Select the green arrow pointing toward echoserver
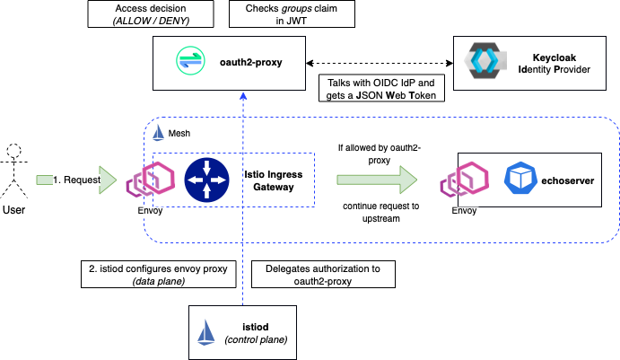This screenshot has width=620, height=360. click(x=376, y=180)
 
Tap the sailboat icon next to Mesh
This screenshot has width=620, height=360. click(x=158, y=133)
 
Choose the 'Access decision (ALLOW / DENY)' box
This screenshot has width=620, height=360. click(x=149, y=15)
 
